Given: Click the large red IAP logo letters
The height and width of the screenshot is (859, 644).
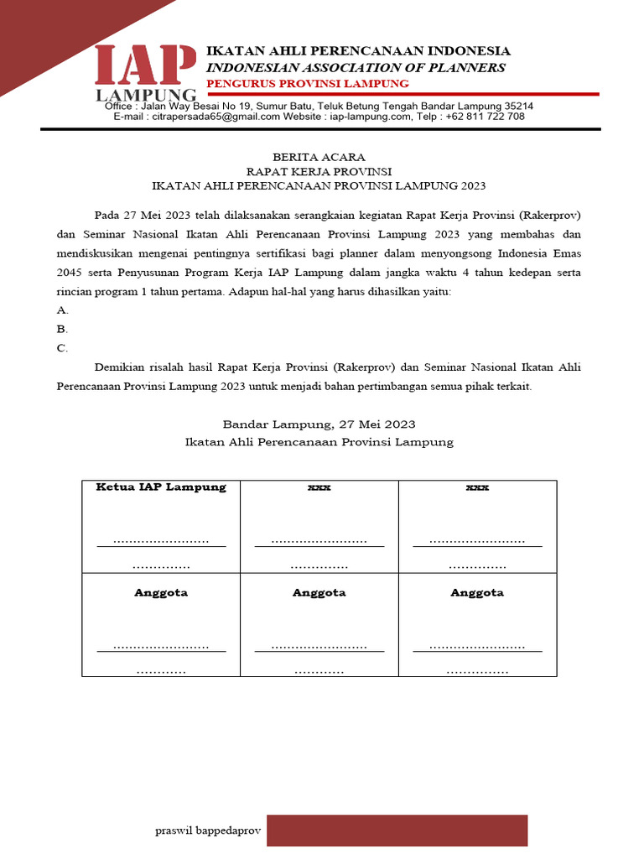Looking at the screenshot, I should pyautogui.click(x=148, y=65).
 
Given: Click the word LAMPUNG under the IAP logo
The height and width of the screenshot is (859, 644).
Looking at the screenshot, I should pyautogui.click(x=147, y=94).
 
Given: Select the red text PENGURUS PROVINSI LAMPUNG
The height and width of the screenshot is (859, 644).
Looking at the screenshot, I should pyautogui.click(x=308, y=84).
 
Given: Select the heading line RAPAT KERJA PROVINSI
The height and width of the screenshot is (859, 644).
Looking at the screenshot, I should pyautogui.click(x=319, y=171).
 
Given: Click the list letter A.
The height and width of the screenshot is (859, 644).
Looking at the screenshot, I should pyautogui.click(x=62, y=310).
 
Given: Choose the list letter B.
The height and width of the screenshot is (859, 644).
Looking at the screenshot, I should pyautogui.click(x=62, y=330).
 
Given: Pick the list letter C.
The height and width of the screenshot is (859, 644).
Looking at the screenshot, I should pyautogui.click(x=62, y=348).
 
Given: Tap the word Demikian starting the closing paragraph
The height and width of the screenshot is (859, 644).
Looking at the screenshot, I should pyautogui.click(x=122, y=367).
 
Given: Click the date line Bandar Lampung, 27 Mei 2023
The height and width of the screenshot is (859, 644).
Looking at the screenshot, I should pyautogui.click(x=319, y=424).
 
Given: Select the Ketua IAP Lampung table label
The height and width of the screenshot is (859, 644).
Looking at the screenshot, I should pyautogui.click(x=161, y=487).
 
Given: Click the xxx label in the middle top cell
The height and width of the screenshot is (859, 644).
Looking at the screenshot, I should pyautogui.click(x=319, y=487).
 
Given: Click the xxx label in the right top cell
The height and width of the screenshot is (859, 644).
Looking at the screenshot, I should pyautogui.click(x=477, y=487).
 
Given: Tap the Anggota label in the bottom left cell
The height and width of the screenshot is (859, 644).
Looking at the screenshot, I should pyautogui.click(x=161, y=592).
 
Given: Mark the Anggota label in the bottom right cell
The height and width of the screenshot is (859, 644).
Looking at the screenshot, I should pyautogui.click(x=477, y=592).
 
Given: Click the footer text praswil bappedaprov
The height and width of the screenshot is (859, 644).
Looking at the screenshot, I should pyautogui.click(x=208, y=830).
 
